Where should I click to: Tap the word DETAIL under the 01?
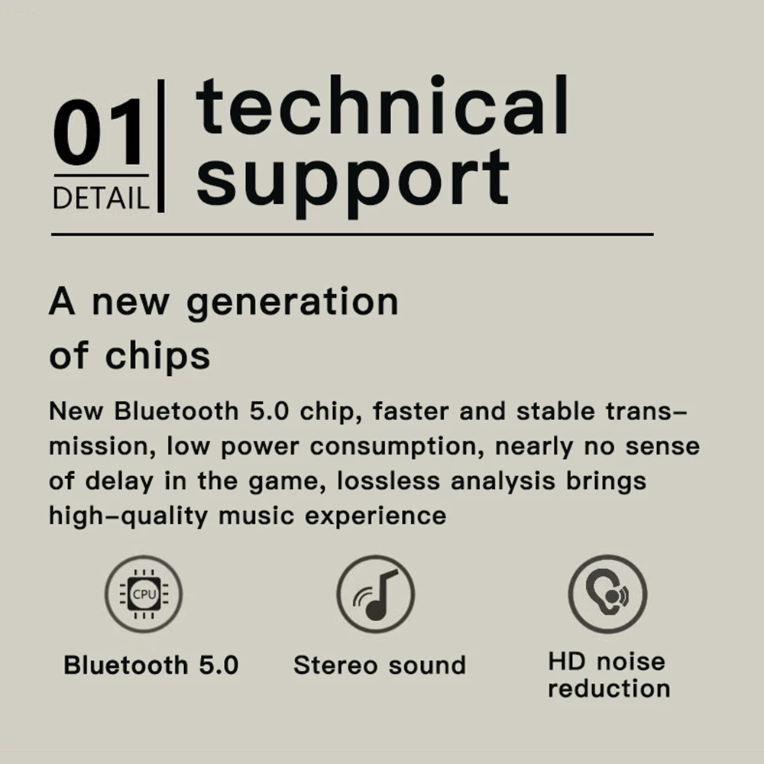pos(100,199)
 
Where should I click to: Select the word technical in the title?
pos(382,109)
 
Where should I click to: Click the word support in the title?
pos(353,178)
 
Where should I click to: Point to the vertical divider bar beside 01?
pos(160,145)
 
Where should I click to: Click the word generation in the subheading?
pos(293,303)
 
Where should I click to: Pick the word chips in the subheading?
pos(157,356)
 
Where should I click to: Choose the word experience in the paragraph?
pos(376,516)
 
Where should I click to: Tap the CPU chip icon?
pos(144,594)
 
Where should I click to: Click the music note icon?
pos(375,594)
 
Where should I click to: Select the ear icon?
pos(607,594)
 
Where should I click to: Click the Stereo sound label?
pos(380,665)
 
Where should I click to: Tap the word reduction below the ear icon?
pos(609,688)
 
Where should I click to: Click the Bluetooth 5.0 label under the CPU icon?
pos(151,665)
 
